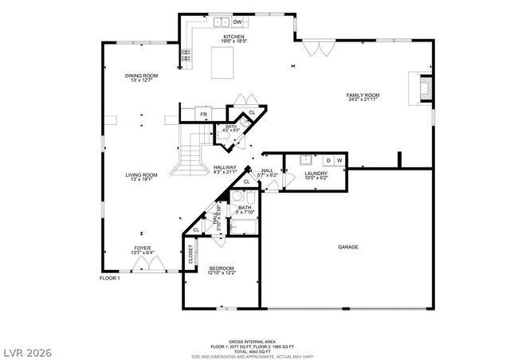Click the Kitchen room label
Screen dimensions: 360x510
pyautogui.click(x=233, y=37)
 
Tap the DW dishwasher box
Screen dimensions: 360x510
pyautogui.click(x=237, y=22)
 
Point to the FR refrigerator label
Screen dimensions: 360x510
pyautogui.click(x=203, y=115)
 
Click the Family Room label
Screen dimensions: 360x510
pyautogui.click(x=361, y=97)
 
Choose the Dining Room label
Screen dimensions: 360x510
pyautogui.click(x=139, y=77)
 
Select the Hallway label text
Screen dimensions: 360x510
pyautogui.click(x=226, y=167)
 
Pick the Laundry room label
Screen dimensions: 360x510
pyautogui.click(x=316, y=175)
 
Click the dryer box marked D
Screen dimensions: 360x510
pyautogui.click(x=327, y=161)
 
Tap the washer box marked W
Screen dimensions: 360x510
pyautogui.click(x=339, y=161)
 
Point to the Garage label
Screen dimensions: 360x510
pyautogui.click(x=347, y=247)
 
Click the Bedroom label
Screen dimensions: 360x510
pyautogui.click(x=221, y=268)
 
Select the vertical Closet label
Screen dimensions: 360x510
pyautogui.click(x=190, y=255)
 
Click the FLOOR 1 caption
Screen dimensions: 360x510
pyautogui.click(x=109, y=278)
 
